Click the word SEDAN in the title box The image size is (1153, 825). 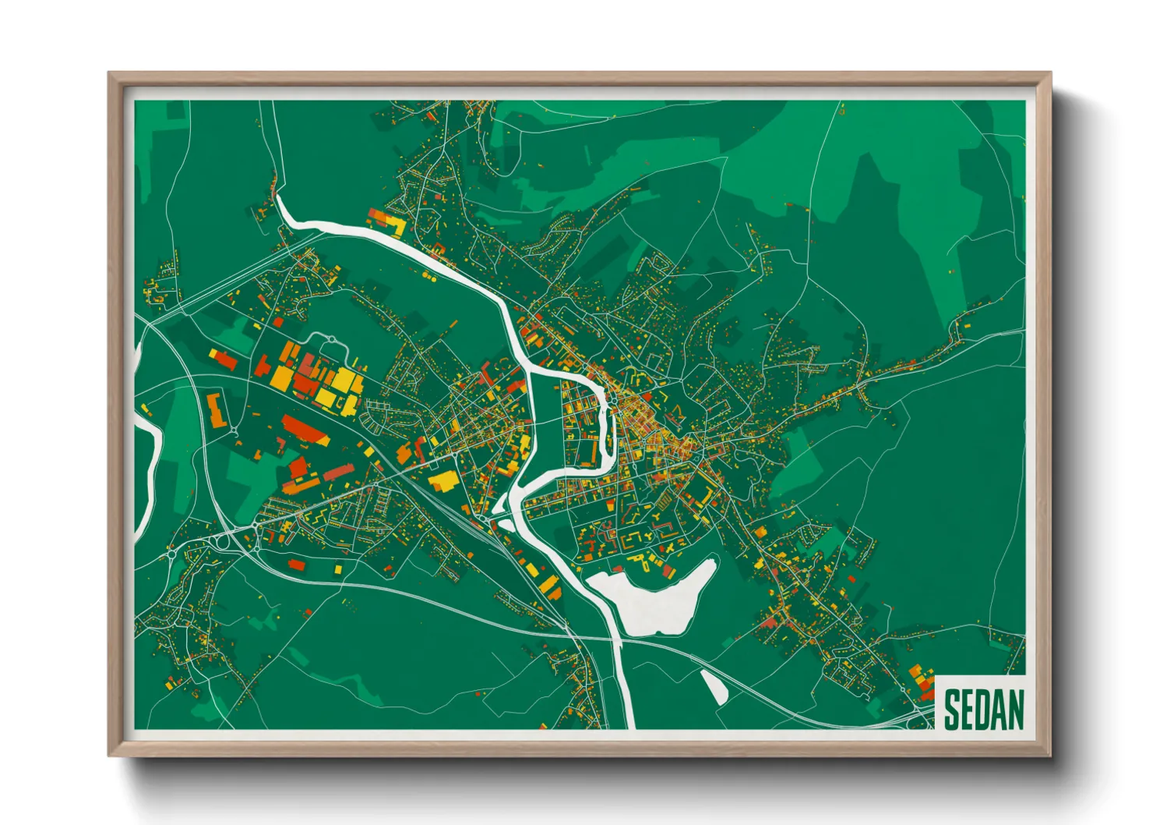(x=983, y=709)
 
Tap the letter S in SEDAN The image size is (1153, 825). (x=952, y=709)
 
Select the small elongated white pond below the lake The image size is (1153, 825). (x=715, y=686)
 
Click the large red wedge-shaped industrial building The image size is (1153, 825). (x=305, y=429)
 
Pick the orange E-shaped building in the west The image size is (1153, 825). (x=216, y=410)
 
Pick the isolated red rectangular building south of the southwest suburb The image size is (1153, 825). (x=296, y=563)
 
